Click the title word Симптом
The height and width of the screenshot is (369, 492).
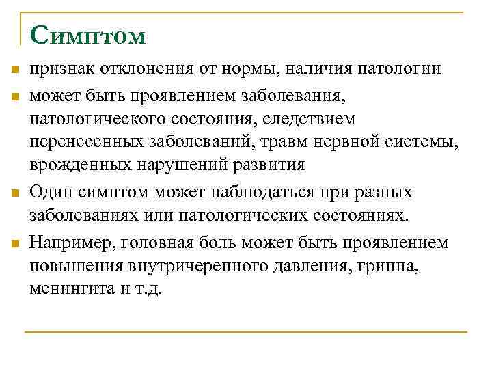[87, 36]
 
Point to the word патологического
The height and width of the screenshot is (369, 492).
[103, 120]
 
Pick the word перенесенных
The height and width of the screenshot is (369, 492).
[87, 142]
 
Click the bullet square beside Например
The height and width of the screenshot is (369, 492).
[15, 243]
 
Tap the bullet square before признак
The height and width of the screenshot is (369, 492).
[15, 70]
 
